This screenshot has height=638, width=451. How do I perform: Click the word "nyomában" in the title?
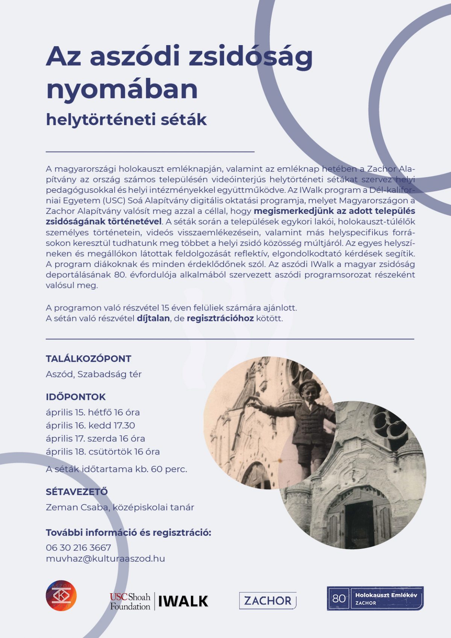point(122,89)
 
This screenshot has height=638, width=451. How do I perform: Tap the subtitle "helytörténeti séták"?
point(126,120)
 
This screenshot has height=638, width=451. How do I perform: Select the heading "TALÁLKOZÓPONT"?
point(88,359)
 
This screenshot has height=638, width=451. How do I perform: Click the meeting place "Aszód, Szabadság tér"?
point(94,374)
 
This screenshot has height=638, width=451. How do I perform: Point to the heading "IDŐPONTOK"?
point(76,397)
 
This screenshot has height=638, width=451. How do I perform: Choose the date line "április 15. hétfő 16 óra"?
point(93,412)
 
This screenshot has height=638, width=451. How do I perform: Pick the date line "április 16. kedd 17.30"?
point(90,425)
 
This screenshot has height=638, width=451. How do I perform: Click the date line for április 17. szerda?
point(95,438)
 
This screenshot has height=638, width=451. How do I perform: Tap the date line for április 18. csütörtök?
point(103,452)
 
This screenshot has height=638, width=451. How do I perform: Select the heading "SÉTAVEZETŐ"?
point(77,492)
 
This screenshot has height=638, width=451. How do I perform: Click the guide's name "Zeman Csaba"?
point(77,507)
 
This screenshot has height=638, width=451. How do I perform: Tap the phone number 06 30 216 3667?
point(79,547)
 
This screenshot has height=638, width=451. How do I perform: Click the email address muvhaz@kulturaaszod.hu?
point(105,559)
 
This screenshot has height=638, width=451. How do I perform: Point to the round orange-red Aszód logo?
point(61,596)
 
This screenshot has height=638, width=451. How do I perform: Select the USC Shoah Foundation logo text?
point(130,601)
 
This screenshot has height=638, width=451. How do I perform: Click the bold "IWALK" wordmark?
point(183,601)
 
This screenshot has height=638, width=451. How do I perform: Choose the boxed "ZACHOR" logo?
point(268,600)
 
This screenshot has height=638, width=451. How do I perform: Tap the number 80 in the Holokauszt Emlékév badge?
point(339,598)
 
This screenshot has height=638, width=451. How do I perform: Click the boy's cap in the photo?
point(310,386)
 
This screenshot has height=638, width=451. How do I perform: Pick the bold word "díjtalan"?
point(153,318)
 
